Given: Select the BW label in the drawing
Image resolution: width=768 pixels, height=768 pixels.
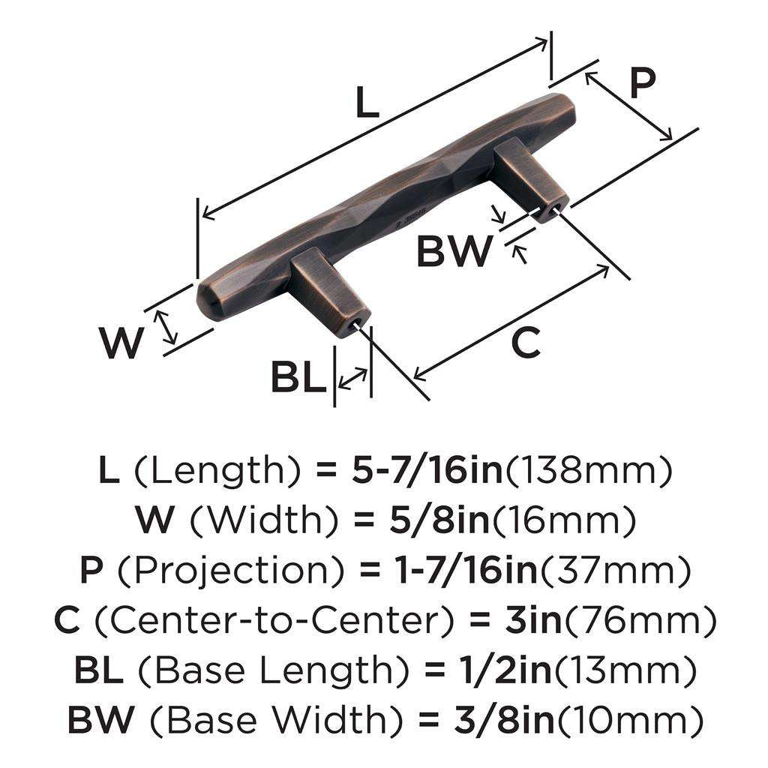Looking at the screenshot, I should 454,251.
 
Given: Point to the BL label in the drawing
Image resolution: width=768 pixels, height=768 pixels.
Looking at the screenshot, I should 298,377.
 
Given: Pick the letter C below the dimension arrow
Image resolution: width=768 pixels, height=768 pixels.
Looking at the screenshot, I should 525,344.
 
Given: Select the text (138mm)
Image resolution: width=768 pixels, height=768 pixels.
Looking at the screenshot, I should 589,471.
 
